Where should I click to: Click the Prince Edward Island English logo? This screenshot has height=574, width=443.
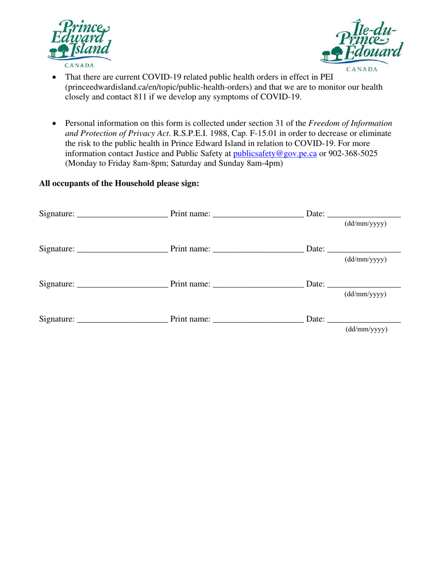pyautogui.click(x=79, y=42)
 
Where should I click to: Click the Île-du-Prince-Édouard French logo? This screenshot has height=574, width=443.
pyautogui.click(x=362, y=44)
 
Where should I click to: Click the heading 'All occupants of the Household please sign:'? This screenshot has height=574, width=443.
pyautogui.click(x=119, y=183)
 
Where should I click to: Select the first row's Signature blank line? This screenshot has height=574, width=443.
pyautogui.click(x=123, y=216)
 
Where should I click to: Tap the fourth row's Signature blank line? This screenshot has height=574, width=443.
pyautogui.click(x=123, y=321)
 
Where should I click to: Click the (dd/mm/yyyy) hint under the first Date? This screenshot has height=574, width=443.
pyautogui.click(x=366, y=224)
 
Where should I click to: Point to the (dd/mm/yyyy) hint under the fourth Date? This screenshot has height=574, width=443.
pyautogui.click(x=366, y=329)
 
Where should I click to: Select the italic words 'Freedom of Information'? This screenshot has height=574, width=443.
pyautogui.click(x=350, y=123)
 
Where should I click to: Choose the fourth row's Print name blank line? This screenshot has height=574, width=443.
pyautogui.click(x=257, y=321)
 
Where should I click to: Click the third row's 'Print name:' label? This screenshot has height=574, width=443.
pyautogui.click(x=190, y=284)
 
